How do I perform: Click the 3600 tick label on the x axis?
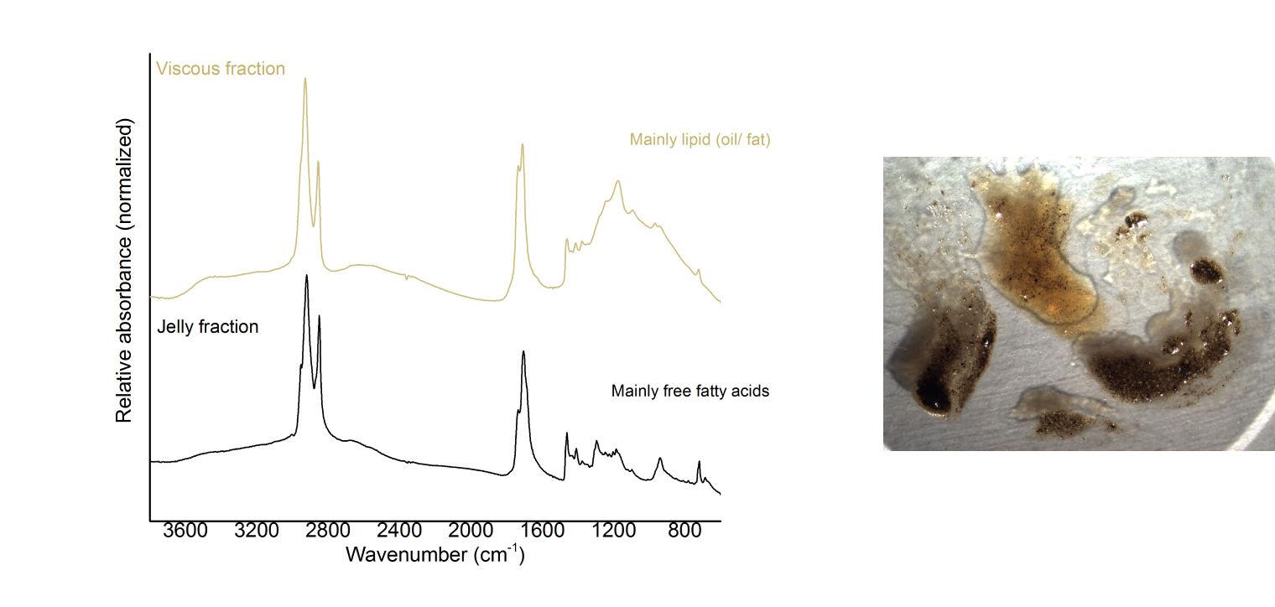185,532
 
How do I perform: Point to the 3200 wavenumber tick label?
257,532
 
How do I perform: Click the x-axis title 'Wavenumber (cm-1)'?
435,554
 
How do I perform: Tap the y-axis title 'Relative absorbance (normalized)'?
125,270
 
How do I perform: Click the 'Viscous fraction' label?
221,69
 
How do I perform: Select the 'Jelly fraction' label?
208,327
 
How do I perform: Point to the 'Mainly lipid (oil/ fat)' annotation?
700,140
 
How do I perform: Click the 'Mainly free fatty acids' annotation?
690,391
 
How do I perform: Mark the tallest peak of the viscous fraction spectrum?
304,79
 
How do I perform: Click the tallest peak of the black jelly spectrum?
306,276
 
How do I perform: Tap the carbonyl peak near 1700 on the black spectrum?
523,352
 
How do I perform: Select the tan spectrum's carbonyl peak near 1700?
523,145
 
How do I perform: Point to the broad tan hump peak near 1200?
618,181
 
